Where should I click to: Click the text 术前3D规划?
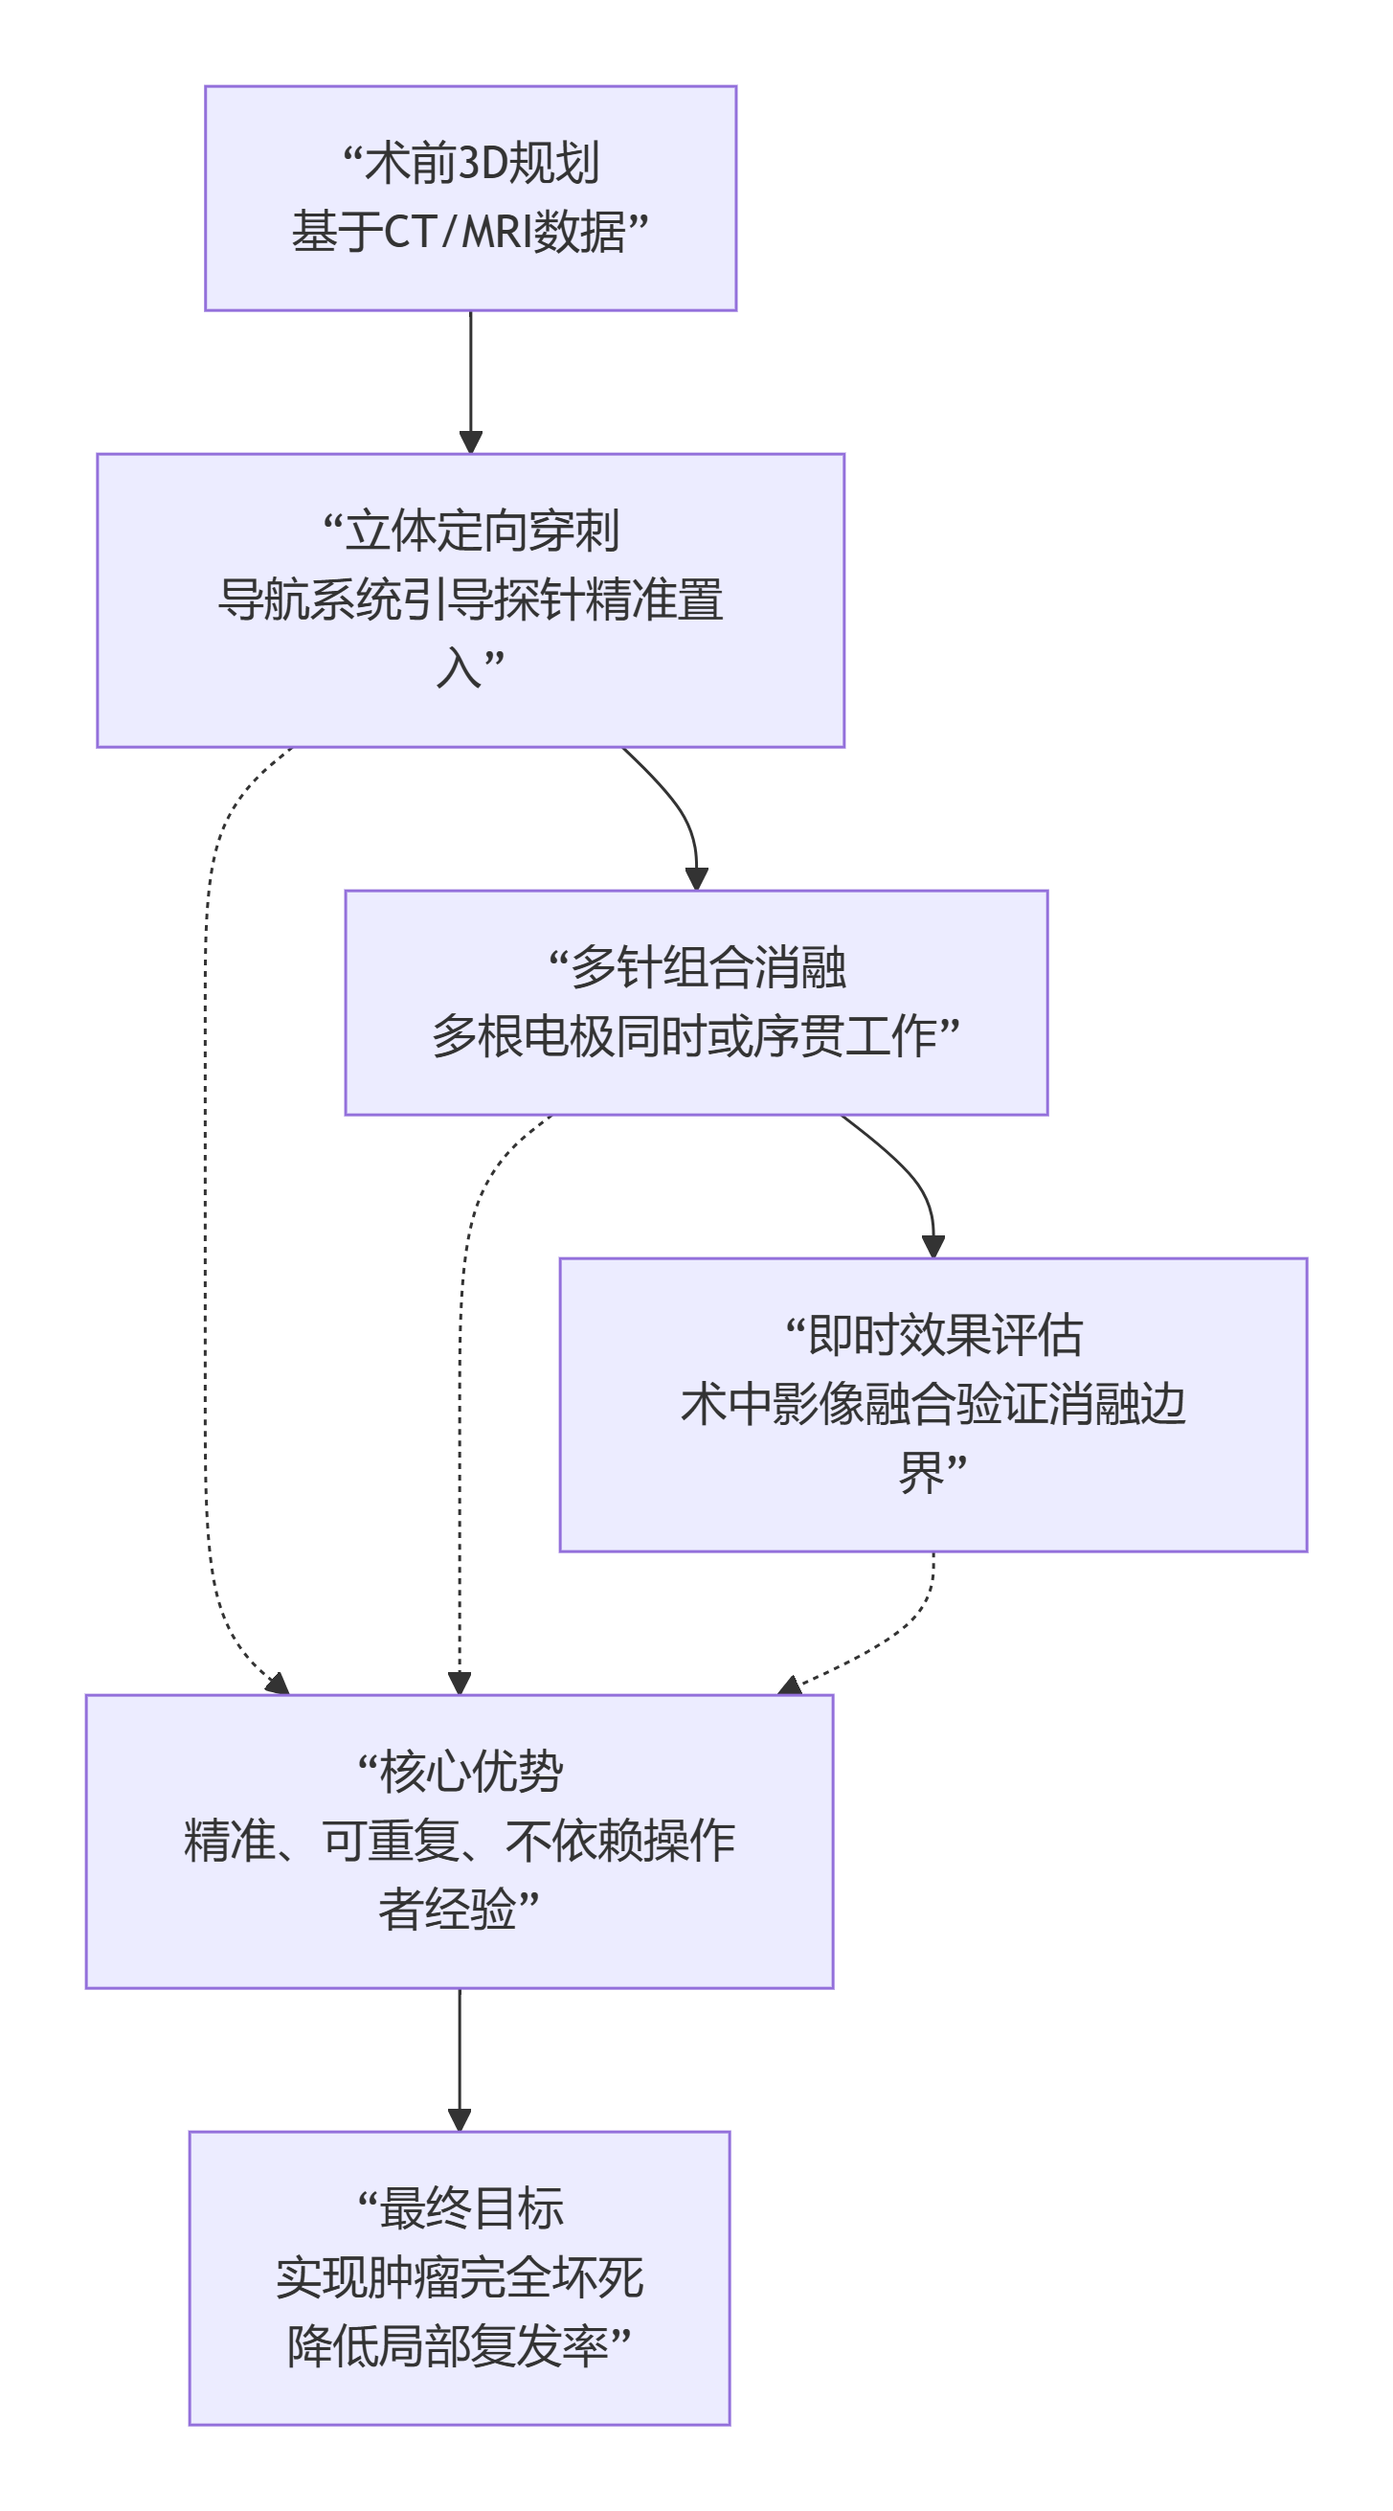(482, 163)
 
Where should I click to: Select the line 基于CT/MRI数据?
(459, 232)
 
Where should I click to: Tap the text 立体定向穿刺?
(483, 532)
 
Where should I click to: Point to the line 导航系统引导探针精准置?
(470, 599)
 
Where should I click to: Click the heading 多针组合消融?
(708, 968)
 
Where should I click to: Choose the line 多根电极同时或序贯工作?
(685, 1036)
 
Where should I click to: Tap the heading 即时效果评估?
(945, 1335)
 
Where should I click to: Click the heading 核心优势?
(471, 1772)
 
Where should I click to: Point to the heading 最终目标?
(471, 2208)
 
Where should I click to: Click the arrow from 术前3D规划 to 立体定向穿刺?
(471, 382)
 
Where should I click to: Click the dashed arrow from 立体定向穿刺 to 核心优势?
(205, 1218)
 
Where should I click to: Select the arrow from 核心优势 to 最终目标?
(460, 2060)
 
